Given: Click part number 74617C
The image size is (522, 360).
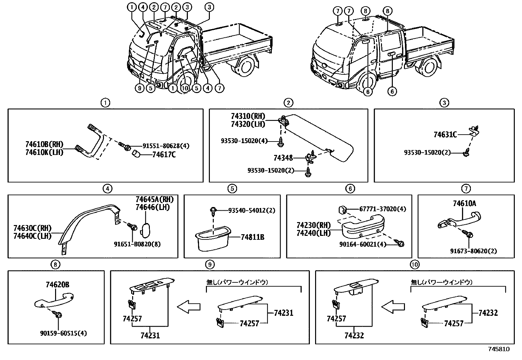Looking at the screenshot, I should click(164, 154).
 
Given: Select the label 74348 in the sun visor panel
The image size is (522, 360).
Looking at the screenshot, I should click(283, 158).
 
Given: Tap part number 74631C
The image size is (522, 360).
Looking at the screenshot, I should click(445, 134).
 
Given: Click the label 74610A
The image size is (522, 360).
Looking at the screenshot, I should click(464, 203).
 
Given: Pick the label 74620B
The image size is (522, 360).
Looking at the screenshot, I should click(57, 285).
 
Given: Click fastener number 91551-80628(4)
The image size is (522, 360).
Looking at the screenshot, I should click(166, 146).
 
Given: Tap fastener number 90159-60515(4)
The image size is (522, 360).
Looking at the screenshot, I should click(64, 333).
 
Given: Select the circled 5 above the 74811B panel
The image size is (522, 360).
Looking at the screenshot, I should click(232, 188).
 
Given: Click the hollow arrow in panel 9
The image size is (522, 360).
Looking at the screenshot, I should click(189, 307).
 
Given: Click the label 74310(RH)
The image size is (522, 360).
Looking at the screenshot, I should click(248, 116).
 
